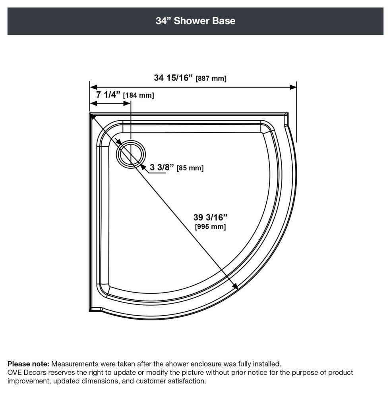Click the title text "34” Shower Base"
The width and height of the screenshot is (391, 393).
(195, 21)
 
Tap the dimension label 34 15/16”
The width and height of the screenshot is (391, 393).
(173, 78)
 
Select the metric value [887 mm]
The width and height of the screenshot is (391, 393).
(211, 79)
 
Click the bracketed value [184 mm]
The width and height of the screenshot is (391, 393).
(139, 95)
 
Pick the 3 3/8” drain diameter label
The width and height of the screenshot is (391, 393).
(162, 167)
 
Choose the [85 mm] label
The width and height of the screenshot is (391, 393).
(190, 168)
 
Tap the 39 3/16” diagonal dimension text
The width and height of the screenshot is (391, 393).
(210, 217)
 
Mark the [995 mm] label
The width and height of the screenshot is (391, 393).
(210, 227)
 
